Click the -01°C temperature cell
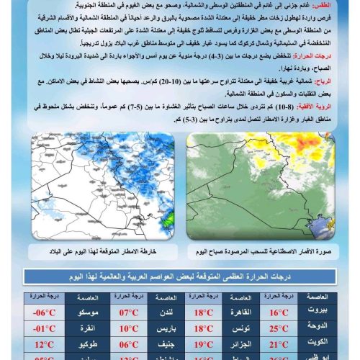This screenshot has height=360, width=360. (43, 328)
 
